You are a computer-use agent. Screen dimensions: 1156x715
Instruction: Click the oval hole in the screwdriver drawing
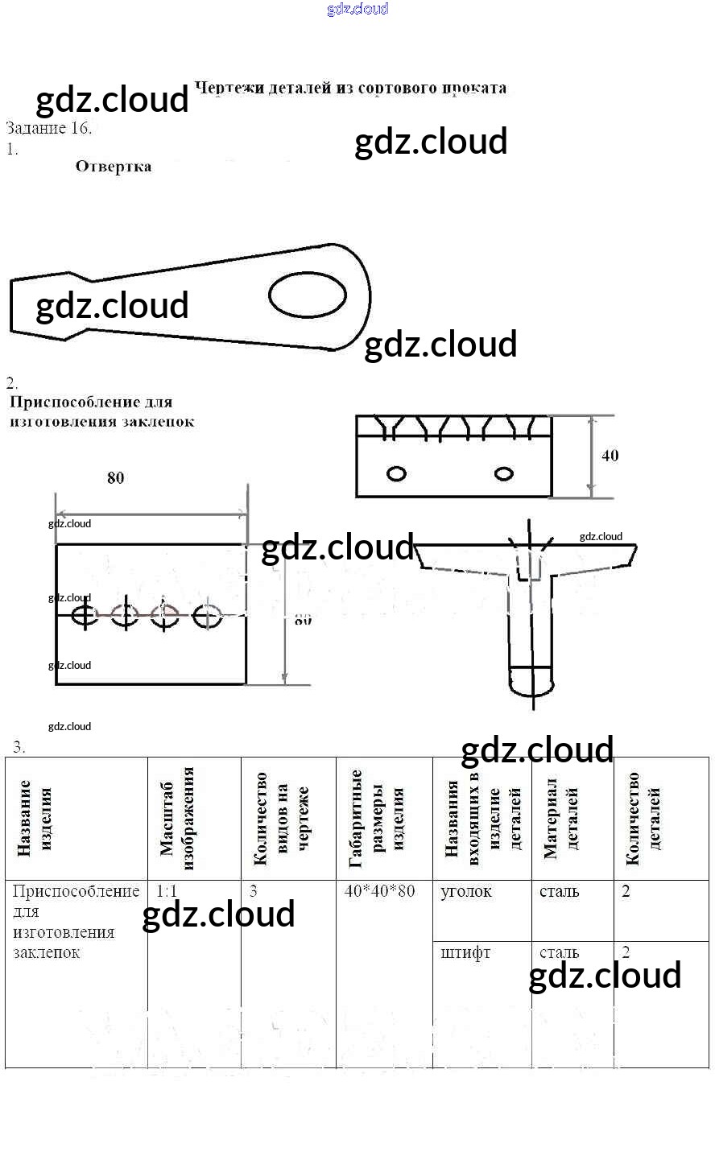pyautogui.click(x=307, y=295)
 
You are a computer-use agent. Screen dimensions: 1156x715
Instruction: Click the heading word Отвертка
pyautogui.click(x=114, y=167)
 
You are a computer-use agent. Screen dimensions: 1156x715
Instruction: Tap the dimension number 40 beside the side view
pyautogui.click(x=610, y=456)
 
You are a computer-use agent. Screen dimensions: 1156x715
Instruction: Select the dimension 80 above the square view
pyautogui.click(x=116, y=478)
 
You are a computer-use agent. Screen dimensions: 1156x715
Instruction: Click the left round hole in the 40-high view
pyautogui.click(x=396, y=473)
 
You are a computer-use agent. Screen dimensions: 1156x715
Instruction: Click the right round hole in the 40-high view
pyautogui.click(x=504, y=473)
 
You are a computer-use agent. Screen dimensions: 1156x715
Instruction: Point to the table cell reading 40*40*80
pyautogui.click(x=380, y=891)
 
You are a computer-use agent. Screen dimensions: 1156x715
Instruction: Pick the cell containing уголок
pyautogui.click(x=466, y=891)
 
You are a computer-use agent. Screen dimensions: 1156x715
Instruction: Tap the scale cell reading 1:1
pyautogui.click(x=167, y=891)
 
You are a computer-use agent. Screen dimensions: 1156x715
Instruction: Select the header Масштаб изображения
pyautogui.click(x=177, y=818)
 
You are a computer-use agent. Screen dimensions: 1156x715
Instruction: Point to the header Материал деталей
pyautogui.click(x=561, y=818)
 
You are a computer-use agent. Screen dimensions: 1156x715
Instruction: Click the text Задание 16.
pyautogui.click(x=49, y=128)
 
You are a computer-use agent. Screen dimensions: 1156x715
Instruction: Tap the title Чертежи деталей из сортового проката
pyautogui.click(x=351, y=89)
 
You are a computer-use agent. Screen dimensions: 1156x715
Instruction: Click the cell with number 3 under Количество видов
pyautogui.click(x=254, y=891)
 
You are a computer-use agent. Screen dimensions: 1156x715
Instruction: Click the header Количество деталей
pyautogui.click(x=643, y=818)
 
